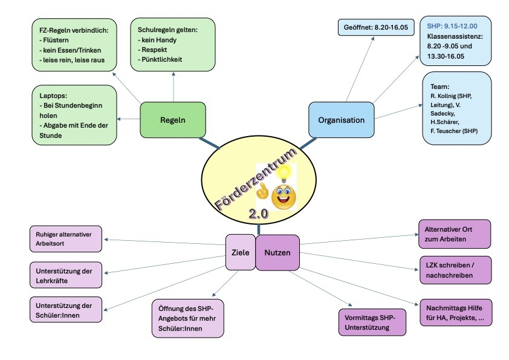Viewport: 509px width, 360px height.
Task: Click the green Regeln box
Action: click(173, 120)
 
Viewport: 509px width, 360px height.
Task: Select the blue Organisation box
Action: click(341, 120)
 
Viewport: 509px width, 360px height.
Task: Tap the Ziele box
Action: click(240, 252)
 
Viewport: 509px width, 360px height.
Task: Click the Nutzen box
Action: click(277, 252)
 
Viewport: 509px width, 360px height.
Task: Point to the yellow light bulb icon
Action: click(284, 173)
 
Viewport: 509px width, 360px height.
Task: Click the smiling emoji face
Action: click(284, 196)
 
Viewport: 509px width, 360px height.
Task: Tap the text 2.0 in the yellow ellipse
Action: click(258, 214)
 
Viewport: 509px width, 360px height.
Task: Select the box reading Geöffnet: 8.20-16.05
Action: click(376, 27)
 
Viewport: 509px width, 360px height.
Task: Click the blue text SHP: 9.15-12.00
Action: click(452, 26)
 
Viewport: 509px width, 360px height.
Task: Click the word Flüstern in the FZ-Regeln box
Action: click(56, 40)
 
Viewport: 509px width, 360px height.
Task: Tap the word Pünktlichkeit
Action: click(161, 59)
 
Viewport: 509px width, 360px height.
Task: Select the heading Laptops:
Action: click(53, 96)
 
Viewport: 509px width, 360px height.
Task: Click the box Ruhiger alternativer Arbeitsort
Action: click(65, 239)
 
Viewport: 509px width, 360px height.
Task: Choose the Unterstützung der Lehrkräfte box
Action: click(65, 275)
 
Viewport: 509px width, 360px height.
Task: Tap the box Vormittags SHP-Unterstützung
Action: click(372, 322)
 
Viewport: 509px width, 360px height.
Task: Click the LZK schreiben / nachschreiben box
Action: click(455, 270)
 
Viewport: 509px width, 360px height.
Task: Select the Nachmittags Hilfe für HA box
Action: click(456, 313)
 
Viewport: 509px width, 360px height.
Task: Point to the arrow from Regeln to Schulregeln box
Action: click(173, 87)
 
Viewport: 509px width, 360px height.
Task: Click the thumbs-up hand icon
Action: click(262, 191)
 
